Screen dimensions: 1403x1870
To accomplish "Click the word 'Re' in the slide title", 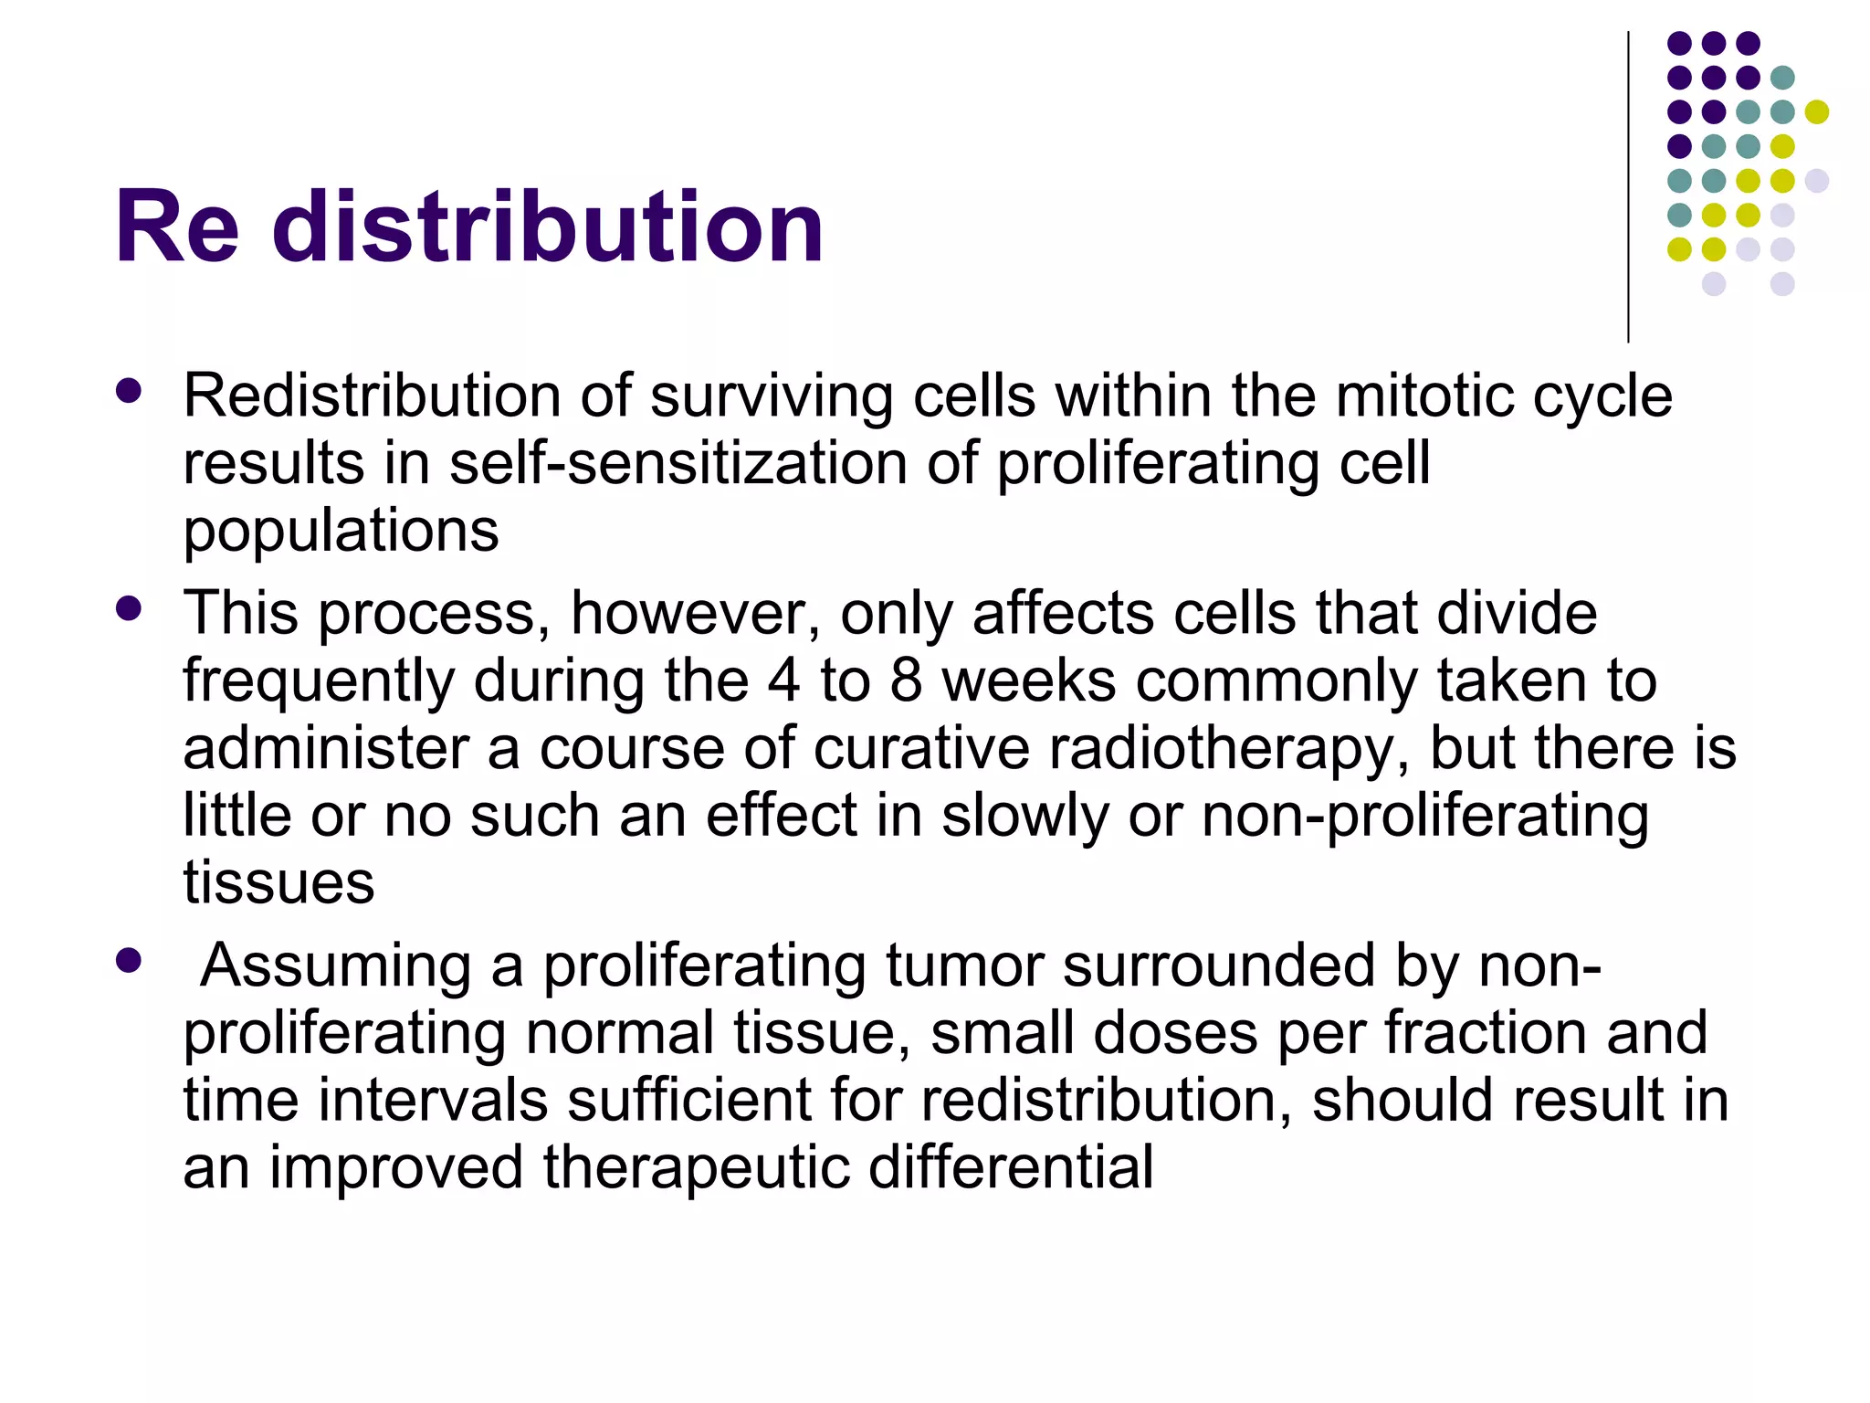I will pos(177,227).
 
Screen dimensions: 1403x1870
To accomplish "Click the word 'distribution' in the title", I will pos(548,227).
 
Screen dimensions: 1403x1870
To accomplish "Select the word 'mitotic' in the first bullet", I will pos(1425,396).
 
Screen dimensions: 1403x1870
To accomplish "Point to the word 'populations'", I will pos(341,531).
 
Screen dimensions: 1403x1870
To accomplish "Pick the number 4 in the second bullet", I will pos(783,680).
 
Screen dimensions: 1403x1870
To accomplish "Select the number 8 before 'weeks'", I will pos(905,680).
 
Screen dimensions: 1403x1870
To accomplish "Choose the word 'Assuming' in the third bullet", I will pos(335,965).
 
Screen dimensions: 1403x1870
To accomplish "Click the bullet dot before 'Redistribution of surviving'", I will pos(129,391).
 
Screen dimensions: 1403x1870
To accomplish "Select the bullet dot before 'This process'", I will pos(129,607).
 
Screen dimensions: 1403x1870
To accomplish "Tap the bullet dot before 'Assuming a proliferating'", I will pos(129,960).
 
